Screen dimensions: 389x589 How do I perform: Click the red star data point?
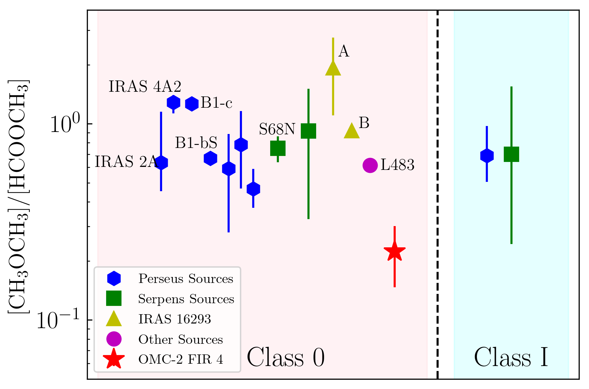[394, 251]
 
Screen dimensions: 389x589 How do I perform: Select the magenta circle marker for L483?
[370, 165]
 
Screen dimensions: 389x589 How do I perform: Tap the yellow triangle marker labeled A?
[333, 68]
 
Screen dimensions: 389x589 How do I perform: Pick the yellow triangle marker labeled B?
[352, 131]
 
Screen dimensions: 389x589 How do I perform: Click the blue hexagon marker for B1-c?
[192, 104]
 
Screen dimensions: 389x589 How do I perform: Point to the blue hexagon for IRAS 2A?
[161, 163]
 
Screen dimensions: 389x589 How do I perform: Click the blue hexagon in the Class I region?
[487, 156]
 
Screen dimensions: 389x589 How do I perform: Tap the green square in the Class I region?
[511, 154]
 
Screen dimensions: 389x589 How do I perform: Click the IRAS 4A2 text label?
[145, 87]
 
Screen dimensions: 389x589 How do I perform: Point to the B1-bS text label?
[196, 143]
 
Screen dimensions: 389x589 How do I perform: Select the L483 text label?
[397, 165]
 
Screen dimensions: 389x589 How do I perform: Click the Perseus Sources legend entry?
[186, 279]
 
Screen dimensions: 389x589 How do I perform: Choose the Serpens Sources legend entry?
[186, 299]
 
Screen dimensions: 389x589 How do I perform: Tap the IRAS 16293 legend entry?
[175, 319]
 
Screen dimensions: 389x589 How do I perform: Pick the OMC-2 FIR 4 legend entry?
[181, 359]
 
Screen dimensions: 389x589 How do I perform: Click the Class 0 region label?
[286, 358]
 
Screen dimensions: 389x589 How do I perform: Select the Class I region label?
[511, 358]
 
